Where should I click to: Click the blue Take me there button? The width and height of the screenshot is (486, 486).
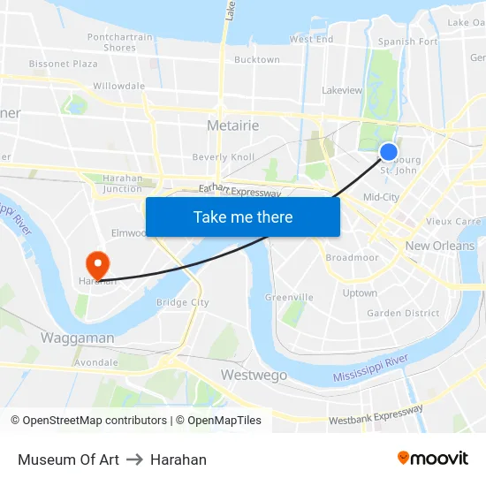click(x=243, y=216)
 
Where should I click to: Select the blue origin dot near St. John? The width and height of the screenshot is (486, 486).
click(x=388, y=152)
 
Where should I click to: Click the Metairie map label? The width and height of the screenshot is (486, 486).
click(x=233, y=125)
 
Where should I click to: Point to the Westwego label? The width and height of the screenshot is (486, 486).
click(x=254, y=376)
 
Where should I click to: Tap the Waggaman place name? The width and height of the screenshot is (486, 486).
click(x=77, y=338)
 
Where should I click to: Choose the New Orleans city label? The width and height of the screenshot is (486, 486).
click(x=439, y=246)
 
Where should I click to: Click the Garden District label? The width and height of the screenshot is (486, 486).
click(x=403, y=313)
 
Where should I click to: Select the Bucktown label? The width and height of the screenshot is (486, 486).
click(x=256, y=60)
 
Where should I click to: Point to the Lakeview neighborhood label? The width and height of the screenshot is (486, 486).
click(x=342, y=90)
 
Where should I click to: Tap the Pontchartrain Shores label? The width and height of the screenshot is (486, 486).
click(x=119, y=42)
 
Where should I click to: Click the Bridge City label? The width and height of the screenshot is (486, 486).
click(x=182, y=302)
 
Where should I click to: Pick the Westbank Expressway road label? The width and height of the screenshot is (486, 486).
click(x=376, y=414)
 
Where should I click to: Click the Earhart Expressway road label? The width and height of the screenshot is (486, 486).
click(x=239, y=190)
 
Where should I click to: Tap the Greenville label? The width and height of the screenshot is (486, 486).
click(x=289, y=297)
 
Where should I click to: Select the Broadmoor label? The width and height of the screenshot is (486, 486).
click(x=352, y=257)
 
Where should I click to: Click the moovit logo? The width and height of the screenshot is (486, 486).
click(x=433, y=459)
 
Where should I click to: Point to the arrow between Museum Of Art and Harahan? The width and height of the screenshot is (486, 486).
click(x=134, y=459)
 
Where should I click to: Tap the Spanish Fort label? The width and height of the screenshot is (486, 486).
click(x=407, y=42)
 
